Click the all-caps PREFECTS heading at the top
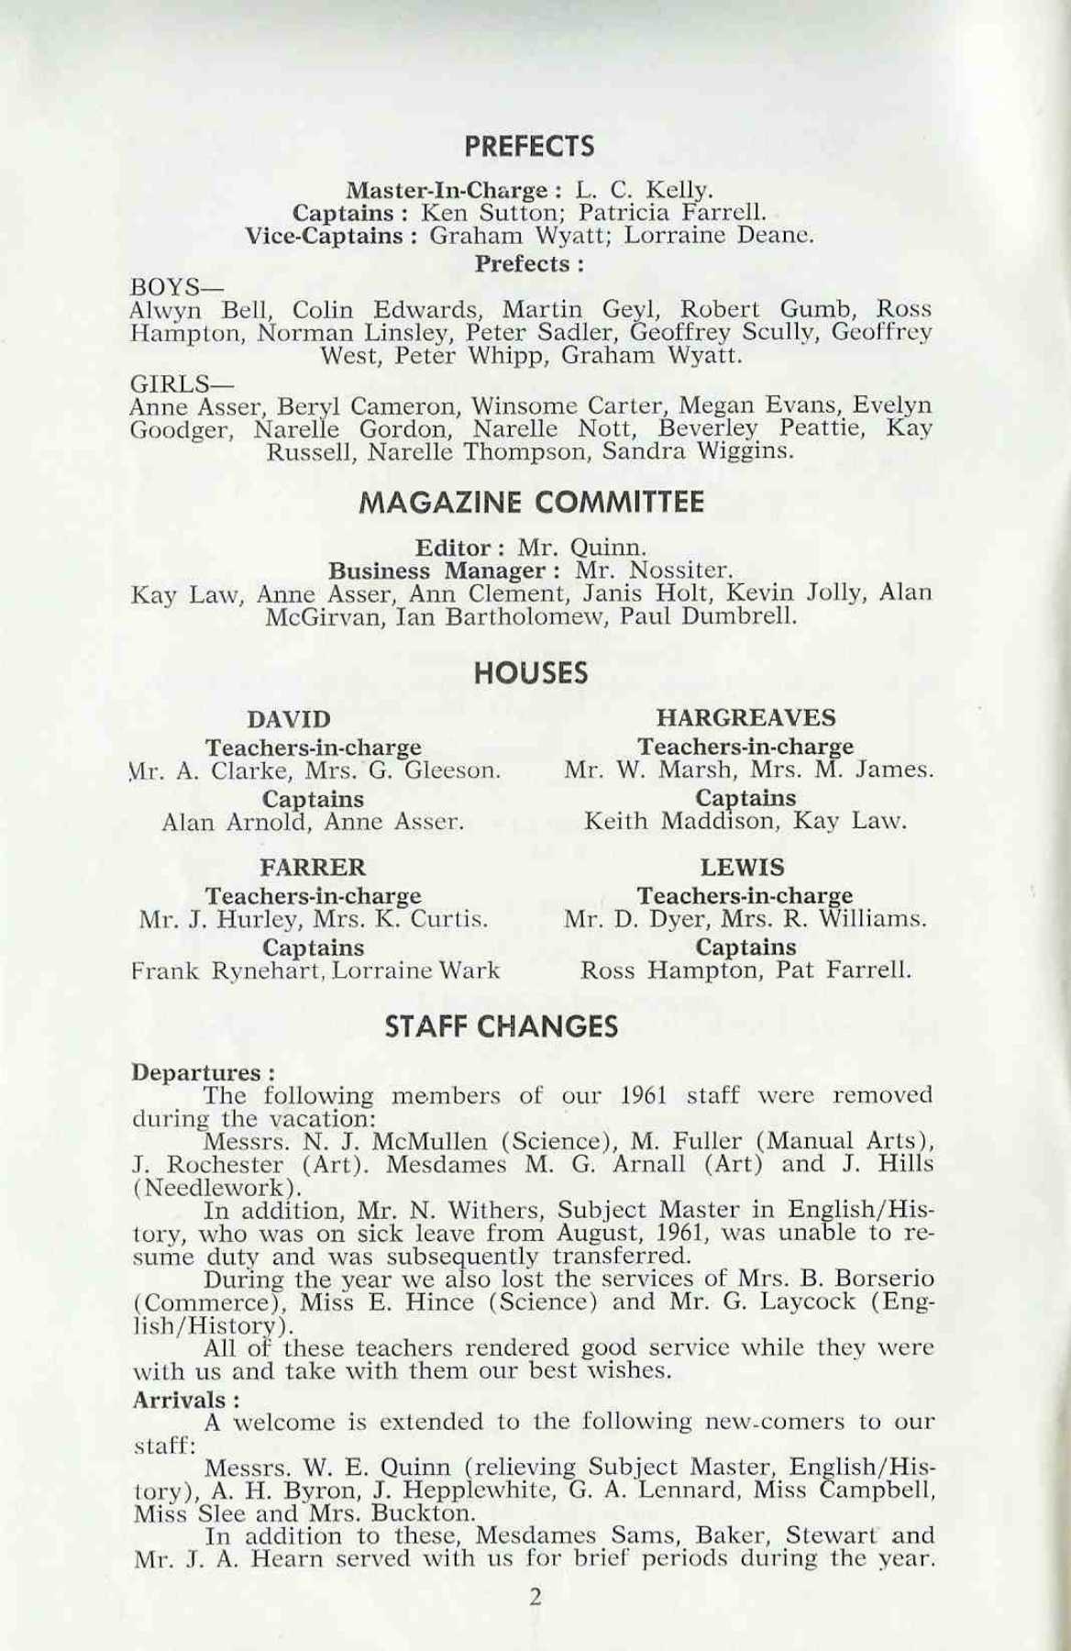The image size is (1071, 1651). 529,147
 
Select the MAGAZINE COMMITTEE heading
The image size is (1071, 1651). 533,503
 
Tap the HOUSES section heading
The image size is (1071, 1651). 531,674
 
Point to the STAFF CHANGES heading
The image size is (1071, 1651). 502,1027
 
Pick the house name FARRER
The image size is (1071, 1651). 313,867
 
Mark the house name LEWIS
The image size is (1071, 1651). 742,867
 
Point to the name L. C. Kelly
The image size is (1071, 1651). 643,192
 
